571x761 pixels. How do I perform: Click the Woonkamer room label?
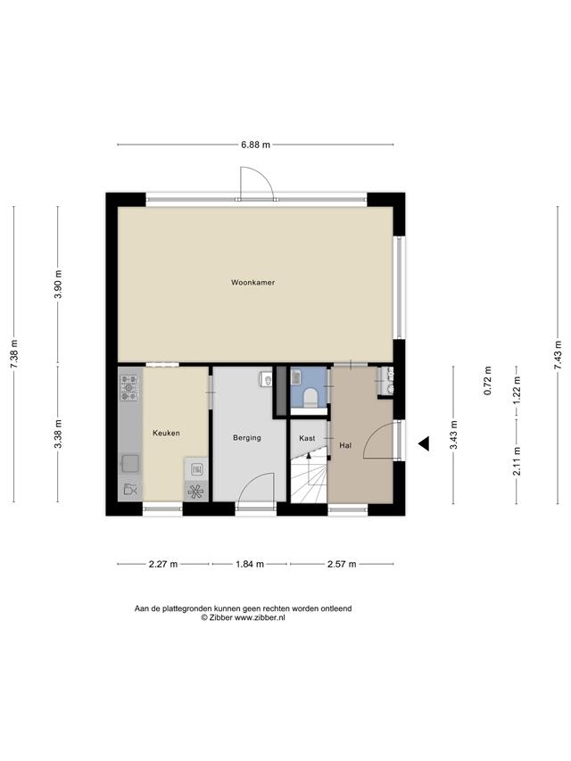252,282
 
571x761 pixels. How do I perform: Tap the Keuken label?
166,433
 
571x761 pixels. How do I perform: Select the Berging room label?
246,438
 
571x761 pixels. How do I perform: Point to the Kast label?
307,438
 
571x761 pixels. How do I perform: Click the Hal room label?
345,445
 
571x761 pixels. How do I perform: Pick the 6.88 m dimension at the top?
255,145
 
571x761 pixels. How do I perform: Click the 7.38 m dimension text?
14,353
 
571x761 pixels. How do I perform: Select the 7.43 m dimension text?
558,355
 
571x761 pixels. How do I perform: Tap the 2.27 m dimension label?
162,564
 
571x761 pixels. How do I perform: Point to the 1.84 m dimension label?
250,564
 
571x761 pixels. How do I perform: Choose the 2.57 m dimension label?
342,564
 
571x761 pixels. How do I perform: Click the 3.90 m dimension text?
58,285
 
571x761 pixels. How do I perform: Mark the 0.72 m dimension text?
488,380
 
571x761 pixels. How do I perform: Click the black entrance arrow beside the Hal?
424,443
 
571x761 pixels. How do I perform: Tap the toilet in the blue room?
310,398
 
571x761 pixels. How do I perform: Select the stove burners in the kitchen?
129,387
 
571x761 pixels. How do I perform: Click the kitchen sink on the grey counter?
130,463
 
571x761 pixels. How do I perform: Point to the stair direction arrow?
309,456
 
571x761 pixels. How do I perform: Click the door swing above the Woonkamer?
257,183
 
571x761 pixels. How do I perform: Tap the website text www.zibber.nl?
260,618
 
